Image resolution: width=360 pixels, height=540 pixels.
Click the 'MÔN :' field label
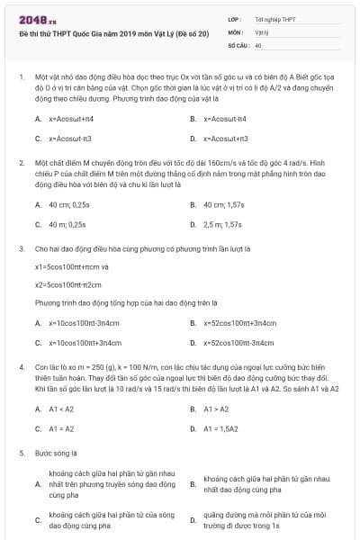237,31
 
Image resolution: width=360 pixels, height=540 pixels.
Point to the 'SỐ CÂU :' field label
239,44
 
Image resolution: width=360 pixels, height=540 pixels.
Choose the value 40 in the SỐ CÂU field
259,44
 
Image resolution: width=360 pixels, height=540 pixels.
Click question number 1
21,78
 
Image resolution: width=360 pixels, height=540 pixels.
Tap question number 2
21,164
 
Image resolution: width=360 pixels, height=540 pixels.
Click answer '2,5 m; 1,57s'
223,224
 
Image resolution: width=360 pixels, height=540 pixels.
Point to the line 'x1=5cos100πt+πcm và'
72,266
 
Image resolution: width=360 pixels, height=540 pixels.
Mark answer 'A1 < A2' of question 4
62,409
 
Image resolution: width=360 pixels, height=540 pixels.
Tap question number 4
21,367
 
